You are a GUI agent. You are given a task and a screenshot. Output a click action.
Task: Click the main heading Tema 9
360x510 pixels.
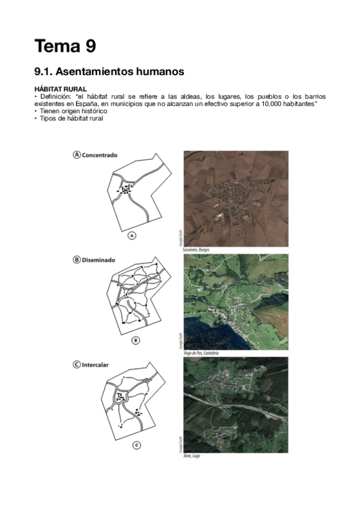pos(65,46)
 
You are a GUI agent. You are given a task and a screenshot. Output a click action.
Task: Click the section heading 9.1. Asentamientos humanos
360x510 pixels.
pos(109,72)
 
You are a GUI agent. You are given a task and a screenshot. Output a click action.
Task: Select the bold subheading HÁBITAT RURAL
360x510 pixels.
pos(61,89)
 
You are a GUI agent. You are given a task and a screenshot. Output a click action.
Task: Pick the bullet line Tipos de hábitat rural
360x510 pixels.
pos(72,118)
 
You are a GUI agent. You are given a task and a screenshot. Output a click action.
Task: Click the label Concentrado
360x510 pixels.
pos(100,155)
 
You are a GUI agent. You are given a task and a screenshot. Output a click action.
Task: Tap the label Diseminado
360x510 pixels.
pos(99,260)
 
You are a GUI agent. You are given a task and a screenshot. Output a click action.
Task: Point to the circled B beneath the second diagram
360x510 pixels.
pos(136,340)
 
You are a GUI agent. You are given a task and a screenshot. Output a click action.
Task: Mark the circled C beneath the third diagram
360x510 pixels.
pos(136,445)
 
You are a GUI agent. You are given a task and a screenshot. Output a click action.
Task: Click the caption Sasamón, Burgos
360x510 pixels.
pos(198,249)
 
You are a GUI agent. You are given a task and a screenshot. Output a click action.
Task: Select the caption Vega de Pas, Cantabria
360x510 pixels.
pos(201,352)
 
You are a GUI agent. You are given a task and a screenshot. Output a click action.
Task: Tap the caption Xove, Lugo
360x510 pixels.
pos(192,456)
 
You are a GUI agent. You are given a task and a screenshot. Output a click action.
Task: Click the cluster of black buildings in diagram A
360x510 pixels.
pos(126,189)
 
